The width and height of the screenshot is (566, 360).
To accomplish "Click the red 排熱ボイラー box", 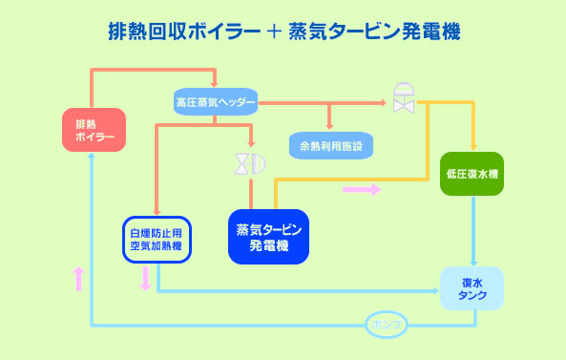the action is (94, 130).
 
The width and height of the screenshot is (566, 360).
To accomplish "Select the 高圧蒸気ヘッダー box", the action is (216, 102).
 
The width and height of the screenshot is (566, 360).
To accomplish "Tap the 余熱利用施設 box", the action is (331, 145).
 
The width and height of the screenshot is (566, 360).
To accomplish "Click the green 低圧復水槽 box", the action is (472, 174).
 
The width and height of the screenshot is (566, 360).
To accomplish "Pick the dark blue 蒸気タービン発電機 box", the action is (268, 237).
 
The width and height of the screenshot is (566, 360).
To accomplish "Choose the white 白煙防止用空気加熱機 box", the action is (157, 240).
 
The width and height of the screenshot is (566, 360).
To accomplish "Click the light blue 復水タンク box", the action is (472, 288).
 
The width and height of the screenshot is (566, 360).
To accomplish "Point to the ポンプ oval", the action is (387, 325).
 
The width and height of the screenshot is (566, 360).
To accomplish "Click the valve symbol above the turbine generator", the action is (250, 164).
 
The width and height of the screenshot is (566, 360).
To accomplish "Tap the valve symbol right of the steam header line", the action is (404, 97).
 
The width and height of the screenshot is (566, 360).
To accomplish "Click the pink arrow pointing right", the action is (362, 189).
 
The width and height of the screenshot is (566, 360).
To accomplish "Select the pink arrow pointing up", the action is (78, 279).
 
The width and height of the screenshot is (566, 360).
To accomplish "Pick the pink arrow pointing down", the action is (145, 279).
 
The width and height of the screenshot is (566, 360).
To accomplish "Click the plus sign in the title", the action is (274, 32).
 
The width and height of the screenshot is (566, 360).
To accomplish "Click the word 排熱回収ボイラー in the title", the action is (184, 32).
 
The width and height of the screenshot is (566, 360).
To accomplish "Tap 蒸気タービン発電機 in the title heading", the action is (374, 32).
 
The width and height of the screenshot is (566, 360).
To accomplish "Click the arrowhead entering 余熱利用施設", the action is (329, 126).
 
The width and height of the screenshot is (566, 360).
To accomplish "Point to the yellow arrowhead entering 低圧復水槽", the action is (474, 147).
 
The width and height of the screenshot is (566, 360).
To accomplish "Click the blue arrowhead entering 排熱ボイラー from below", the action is (92, 156).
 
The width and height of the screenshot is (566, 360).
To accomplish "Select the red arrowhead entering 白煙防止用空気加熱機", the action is (157, 212).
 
